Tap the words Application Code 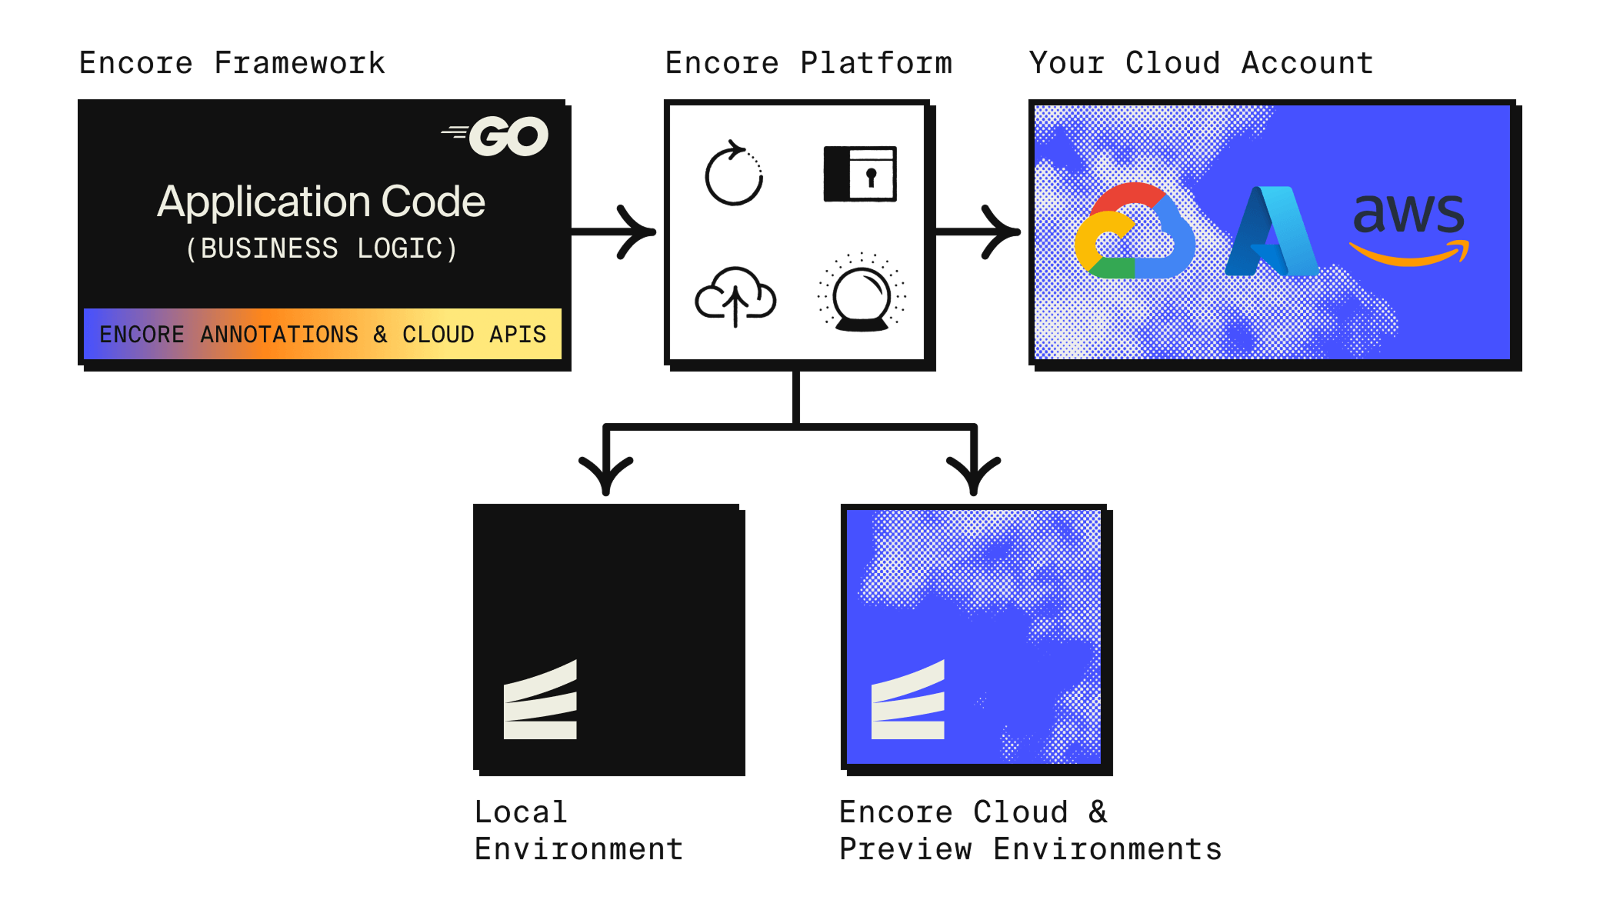click(x=321, y=202)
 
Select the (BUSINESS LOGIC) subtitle click(x=322, y=248)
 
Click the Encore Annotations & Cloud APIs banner click(x=322, y=334)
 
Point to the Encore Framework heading click(x=232, y=63)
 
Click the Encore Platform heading click(x=808, y=63)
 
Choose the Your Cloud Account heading click(x=1201, y=63)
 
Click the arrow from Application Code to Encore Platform click(x=615, y=232)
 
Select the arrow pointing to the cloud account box click(x=979, y=232)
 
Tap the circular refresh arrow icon click(x=734, y=174)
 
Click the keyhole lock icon click(x=860, y=174)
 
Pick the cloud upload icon click(x=735, y=296)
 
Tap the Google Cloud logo click(x=1134, y=231)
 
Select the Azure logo click(x=1271, y=232)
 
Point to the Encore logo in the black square click(x=540, y=701)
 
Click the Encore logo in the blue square click(x=908, y=701)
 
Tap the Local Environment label click(x=578, y=831)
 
